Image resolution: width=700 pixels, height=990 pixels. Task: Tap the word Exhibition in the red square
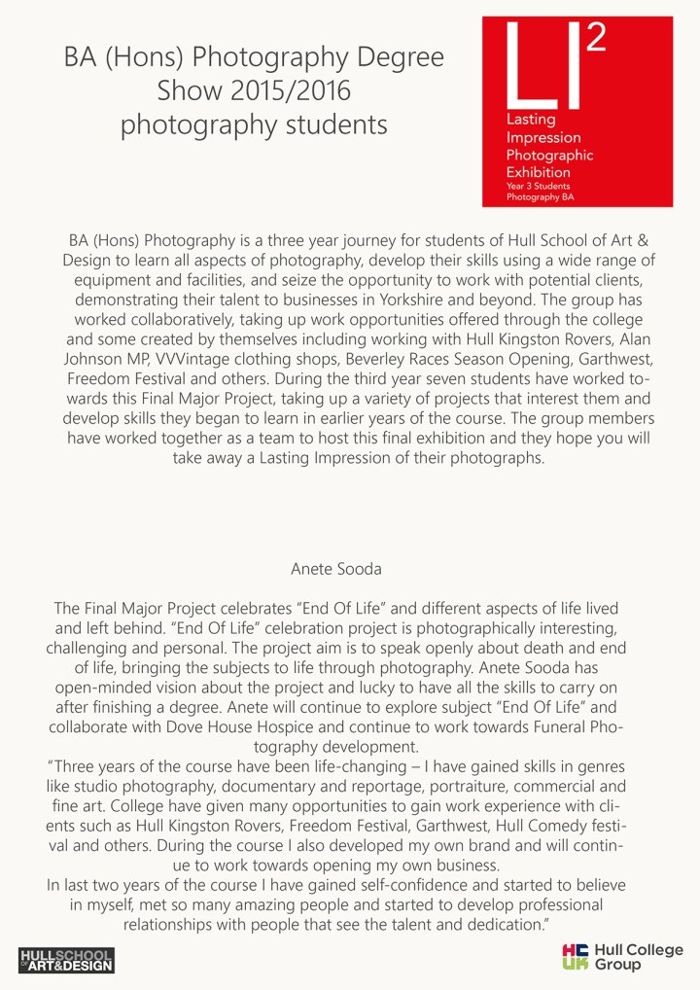point(538,172)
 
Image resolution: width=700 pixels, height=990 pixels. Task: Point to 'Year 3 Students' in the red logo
point(538,185)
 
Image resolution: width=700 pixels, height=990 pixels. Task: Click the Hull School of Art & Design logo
point(66,960)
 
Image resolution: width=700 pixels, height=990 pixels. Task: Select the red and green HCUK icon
point(576,957)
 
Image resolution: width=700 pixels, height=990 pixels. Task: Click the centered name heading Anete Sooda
point(350,566)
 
